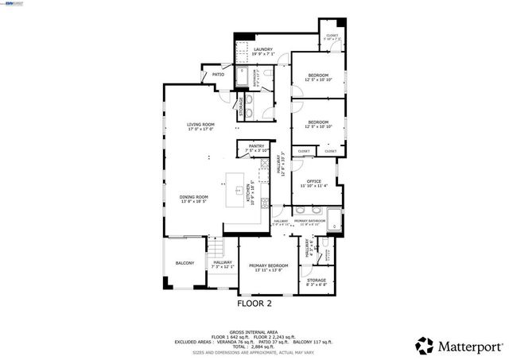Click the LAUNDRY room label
[x=263, y=49]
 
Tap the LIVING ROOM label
[x=200, y=124]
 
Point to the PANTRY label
[x=256, y=146]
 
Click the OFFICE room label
[x=314, y=181]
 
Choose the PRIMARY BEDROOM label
[x=268, y=265]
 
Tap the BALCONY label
[x=185, y=263]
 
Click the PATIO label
[x=218, y=75]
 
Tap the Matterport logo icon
[x=425, y=345]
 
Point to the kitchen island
[x=236, y=190]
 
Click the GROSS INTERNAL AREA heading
[x=254, y=331]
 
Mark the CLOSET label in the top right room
[x=332, y=35]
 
